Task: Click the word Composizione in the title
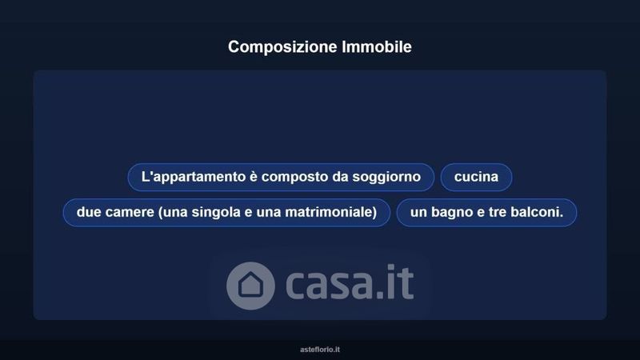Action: pyautogui.click(x=282, y=47)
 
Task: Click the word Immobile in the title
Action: pyautogui.click(x=377, y=46)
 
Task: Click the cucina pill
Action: pyautogui.click(x=476, y=177)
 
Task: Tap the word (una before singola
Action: pyautogui.click(x=173, y=213)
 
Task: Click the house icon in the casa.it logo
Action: pyautogui.click(x=250, y=286)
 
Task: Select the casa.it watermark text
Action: pyautogui.click(x=350, y=282)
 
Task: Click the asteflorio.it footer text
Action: pyautogui.click(x=320, y=350)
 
